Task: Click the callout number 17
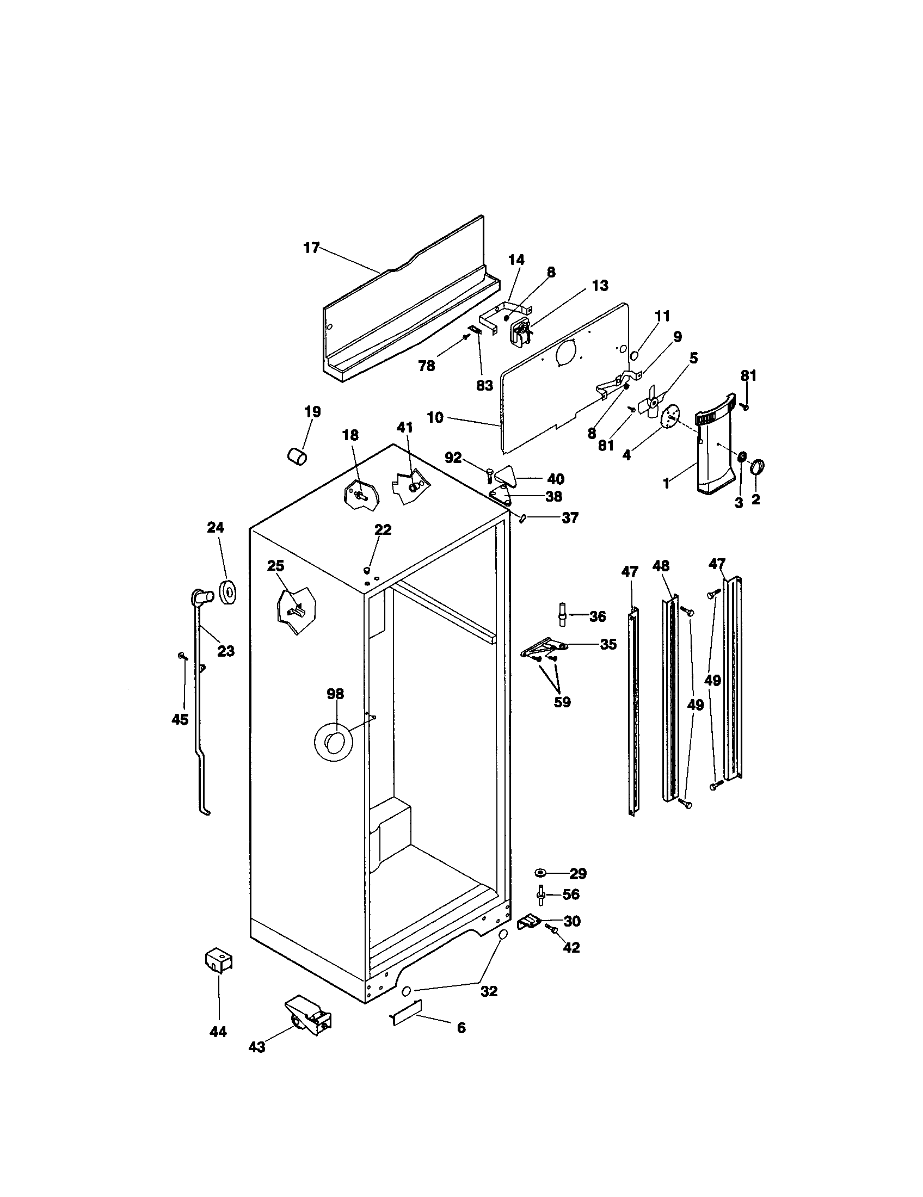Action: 311,248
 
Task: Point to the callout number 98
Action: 335,694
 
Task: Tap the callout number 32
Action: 489,991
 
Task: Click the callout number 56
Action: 571,894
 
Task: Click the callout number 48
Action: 661,566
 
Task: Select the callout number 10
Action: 435,418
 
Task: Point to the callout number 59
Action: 562,702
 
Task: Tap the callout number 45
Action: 180,719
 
